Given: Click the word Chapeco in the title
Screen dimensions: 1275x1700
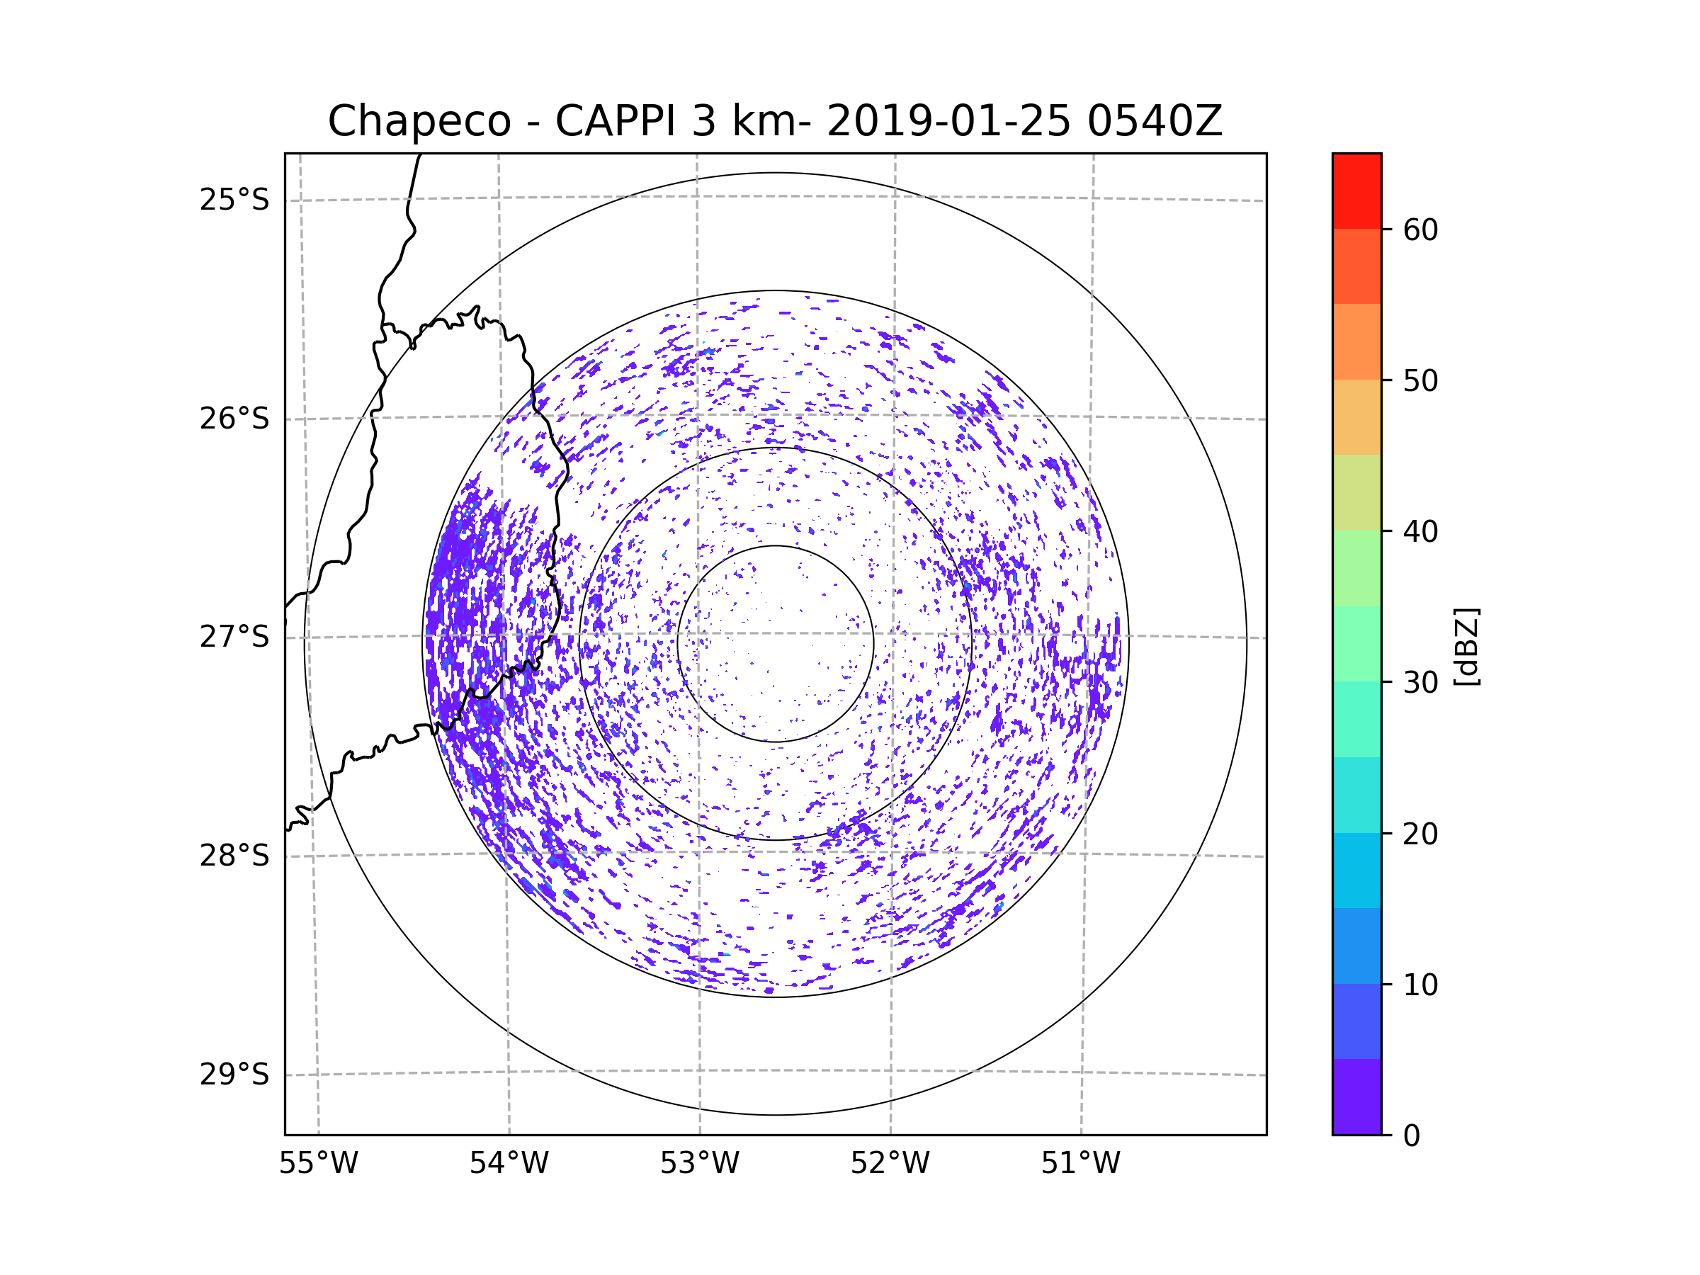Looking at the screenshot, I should (x=419, y=121).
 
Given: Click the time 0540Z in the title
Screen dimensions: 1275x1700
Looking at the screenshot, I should (x=1155, y=121).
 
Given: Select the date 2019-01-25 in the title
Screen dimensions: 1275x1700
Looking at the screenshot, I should (x=948, y=121).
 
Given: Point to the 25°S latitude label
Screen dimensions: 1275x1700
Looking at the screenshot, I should (x=234, y=200).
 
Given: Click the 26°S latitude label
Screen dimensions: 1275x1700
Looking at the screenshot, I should (x=234, y=419).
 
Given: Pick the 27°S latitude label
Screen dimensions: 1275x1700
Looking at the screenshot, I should (x=234, y=637).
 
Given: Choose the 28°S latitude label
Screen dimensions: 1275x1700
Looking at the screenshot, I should (x=234, y=856).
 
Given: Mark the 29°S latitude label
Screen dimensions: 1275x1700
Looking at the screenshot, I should (x=234, y=1075).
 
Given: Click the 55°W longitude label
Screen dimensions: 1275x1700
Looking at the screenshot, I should (x=318, y=1164).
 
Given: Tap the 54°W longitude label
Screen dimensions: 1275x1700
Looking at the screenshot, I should (x=509, y=1164).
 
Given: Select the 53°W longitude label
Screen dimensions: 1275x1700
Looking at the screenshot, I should (x=699, y=1164).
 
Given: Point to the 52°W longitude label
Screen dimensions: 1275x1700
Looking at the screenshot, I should (x=890, y=1164).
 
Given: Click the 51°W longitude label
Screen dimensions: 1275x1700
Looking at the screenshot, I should (x=1080, y=1164).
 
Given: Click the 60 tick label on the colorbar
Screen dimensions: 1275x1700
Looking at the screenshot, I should (x=1420, y=229).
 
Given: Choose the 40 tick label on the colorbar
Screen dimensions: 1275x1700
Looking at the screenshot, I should (x=1420, y=532).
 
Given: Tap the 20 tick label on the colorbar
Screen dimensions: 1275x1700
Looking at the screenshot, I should (x=1420, y=834).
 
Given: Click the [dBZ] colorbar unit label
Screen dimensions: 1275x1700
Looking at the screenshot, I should (x=1466, y=646).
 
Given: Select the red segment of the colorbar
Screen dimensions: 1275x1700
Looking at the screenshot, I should (x=1356, y=191).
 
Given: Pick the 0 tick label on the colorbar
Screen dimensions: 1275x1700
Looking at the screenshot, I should (x=1412, y=1136).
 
